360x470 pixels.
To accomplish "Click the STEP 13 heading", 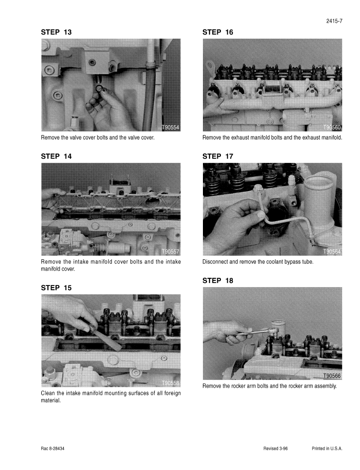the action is pyautogui.click(x=56, y=32).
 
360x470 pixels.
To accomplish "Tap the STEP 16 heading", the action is pyautogui.click(x=218, y=32).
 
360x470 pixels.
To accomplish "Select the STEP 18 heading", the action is pyautogui.click(x=218, y=280).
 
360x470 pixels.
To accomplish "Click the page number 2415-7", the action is pyautogui.click(x=334, y=21).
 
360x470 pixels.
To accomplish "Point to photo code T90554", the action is pyautogui.click(x=170, y=127).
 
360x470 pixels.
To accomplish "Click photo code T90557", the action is pyautogui.click(x=170, y=251).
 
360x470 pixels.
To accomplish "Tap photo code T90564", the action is pyautogui.click(x=332, y=251).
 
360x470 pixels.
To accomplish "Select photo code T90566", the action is pyautogui.click(x=332, y=376).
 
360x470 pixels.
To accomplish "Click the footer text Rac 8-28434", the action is pyautogui.click(x=53, y=448).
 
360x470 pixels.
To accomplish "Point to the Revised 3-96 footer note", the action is pyautogui.click(x=276, y=448).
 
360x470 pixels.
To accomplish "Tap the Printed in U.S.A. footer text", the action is pyautogui.click(x=327, y=448).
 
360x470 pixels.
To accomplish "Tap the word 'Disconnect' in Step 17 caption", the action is pyautogui.click(x=215, y=262).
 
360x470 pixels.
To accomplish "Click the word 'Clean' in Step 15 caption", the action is pyautogui.click(x=48, y=393).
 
